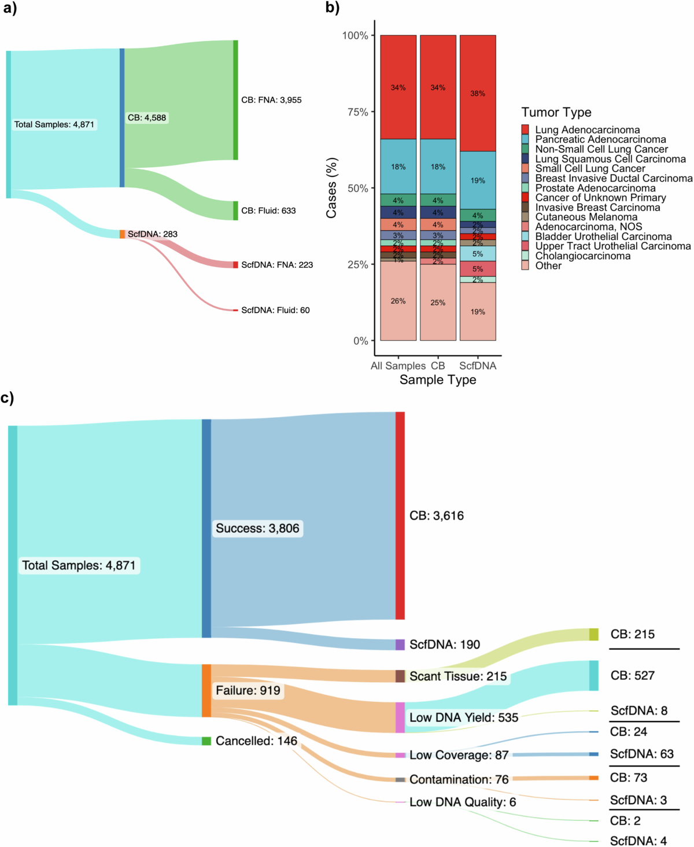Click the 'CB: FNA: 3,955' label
click(x=271, y=100)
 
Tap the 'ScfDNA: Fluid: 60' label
click(x=275, y=311)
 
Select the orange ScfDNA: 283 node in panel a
click(x=122, y=234)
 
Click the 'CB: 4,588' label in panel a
click(x=147, y=118)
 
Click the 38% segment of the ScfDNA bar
click(x=478, y=93)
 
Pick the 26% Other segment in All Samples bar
click(x=398, y=301)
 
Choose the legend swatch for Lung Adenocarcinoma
click(x=525, y=130)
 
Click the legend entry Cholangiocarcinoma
click(x=582, y=256)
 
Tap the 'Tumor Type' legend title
click(x=556, y=112)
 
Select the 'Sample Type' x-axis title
click(x=438, y=380)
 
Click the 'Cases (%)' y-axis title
click(x=331, y=188)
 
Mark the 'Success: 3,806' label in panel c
click(x=257, y=528)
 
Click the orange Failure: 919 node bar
click(x=206, y=690)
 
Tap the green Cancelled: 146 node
click(x=206, y=741)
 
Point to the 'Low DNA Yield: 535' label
click(x=464, y=718)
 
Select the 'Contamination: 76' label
click(x=459, y=780)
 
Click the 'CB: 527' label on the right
click(x=633, y=676)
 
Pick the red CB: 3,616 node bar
click(x=400, y=515)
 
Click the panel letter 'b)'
click(x=333, y=8)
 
